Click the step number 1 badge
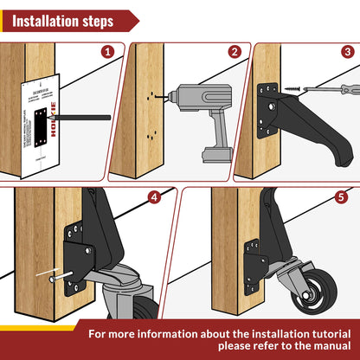(x=107, y=52)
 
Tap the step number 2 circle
(x=235, y=52)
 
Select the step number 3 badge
(x=346, y=52)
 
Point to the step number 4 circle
(x=155, y=197)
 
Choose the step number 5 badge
(x=341, y=197)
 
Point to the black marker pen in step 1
(x=68, y=116)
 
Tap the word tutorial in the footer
(x=310, y=331)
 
